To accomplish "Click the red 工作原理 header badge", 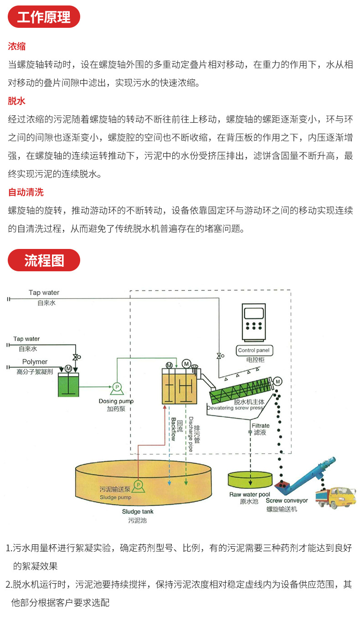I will click(44, 17).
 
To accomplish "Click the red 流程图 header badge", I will click(44, 260).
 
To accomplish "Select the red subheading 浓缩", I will click(17, 46).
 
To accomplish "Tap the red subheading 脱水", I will click(17, 101).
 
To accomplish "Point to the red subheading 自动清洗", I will click(26, 192).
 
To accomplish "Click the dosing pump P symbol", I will click(117, 387).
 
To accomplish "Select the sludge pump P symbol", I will click(139, 484).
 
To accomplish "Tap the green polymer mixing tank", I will click(68, 384).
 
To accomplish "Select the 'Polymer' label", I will click(35, 362).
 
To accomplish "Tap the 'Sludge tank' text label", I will click(138, 512).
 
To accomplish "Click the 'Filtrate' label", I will click(261, 425).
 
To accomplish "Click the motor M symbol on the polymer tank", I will click(68, 368).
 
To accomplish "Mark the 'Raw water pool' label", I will click(249, 494).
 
